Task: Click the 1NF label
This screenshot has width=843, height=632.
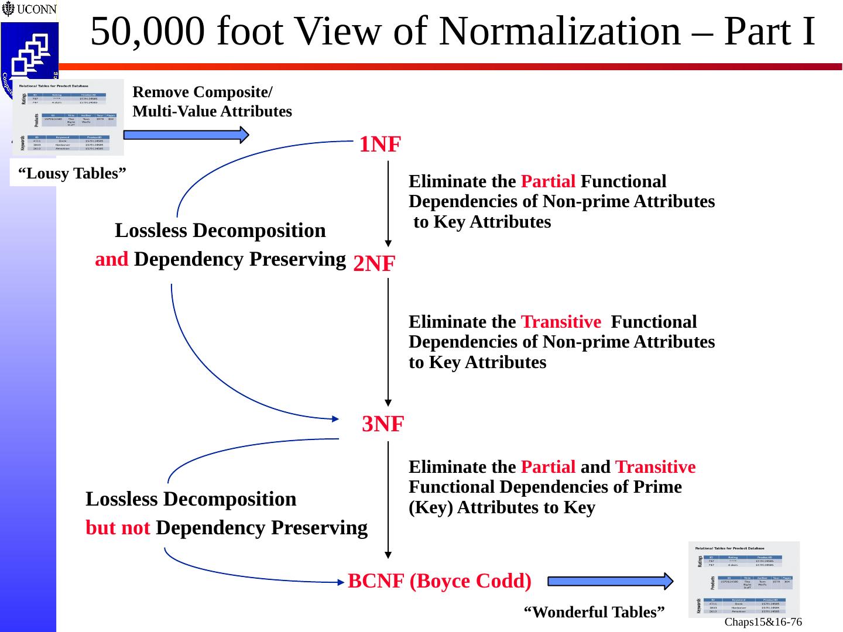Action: tap(380, 144)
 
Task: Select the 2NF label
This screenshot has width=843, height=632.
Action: tap(374, 265)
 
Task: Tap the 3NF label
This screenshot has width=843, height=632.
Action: tap(383, 424)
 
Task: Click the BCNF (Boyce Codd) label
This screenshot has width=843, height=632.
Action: tap(440, 581)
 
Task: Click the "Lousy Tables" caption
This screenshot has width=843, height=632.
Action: tap(73, 173)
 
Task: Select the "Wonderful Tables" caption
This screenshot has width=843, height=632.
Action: tap(594, 612)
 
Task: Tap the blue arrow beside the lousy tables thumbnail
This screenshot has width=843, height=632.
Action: tap(186, 135)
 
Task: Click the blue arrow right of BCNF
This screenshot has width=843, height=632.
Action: tap(611, 581)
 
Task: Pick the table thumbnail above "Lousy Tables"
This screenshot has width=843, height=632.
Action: tap(68, 117)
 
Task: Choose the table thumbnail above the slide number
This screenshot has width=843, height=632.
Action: tap(743, 579)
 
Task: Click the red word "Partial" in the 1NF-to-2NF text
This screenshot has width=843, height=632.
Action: tap(548, 181)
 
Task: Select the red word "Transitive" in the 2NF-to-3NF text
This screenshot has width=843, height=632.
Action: tap(560, 322)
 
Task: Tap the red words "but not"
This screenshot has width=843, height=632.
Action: tap(118, 528)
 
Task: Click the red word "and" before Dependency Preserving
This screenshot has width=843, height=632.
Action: tap(111, 259)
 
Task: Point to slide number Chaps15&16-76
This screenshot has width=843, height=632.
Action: tap(763, 621)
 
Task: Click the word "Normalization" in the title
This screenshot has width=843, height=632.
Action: tap(559, 32)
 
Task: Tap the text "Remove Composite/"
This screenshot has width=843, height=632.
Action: tap(203, 92)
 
